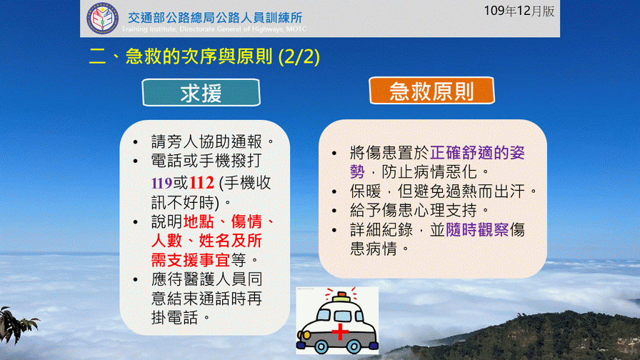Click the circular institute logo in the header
(102, 18)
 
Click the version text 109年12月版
(519, 11)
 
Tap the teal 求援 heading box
(201, 93)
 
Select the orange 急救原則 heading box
(431, 91)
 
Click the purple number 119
(161, 184)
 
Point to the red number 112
(201, 183)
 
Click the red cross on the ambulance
(339, 331)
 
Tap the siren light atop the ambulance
(341, 296)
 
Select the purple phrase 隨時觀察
(477, 230)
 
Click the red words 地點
(199, 221)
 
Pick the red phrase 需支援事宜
(191, 259)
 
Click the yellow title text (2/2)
(299, 56)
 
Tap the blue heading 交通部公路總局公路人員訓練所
(215, 18)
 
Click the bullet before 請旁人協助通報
(136, 142)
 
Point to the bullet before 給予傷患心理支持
(334, 211)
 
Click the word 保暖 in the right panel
(365, 191)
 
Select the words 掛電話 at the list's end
(175, 317)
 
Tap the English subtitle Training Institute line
(214, 29)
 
